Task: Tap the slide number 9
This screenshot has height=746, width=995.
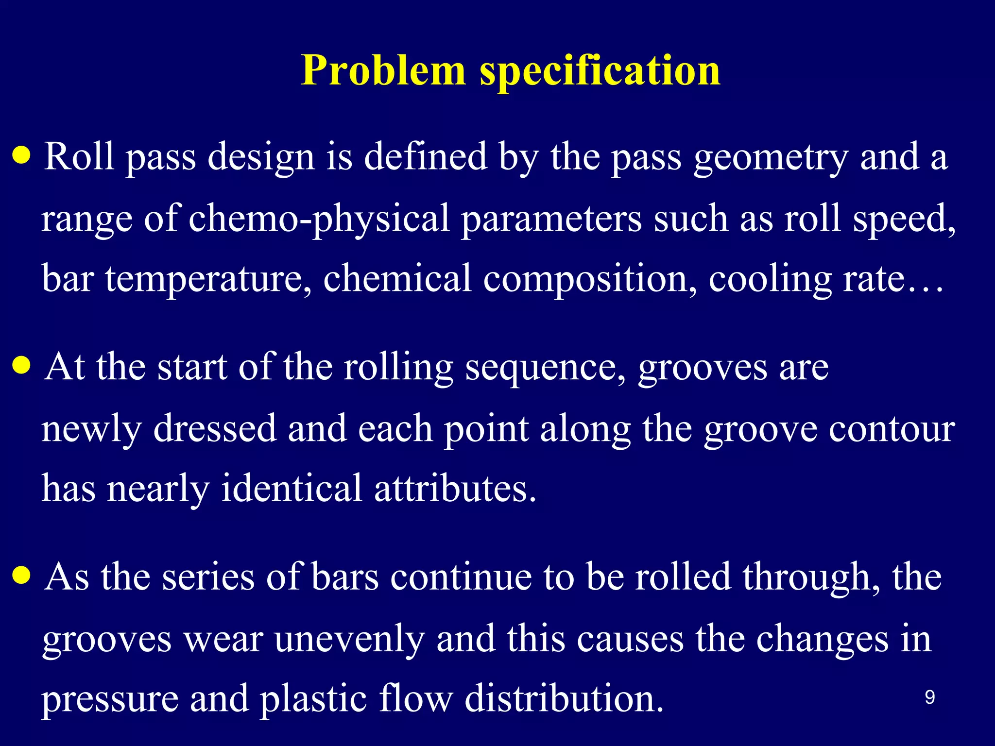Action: tap(929, 697)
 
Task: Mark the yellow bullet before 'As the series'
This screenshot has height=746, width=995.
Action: tap(22, 576)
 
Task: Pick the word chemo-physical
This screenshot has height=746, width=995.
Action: tap(319, 219)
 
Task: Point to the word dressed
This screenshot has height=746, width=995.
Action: tap(214, 428)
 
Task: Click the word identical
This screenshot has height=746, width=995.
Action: tap(291, 488)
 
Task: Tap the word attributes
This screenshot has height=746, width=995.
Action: tap(455, 488)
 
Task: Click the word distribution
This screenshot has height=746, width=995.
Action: tap(564, 698)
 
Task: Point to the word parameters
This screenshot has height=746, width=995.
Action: tap(551, 219)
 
